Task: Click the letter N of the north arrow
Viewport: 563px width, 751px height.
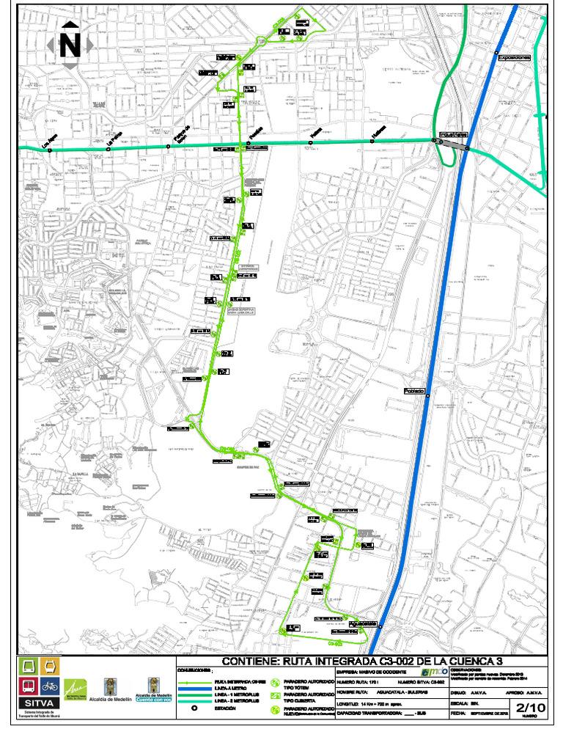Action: point(70,45)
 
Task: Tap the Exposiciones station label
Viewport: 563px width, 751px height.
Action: point(513,57)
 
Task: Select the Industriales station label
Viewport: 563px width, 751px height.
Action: point(455,135)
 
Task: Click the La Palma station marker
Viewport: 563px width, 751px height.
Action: point(108,149)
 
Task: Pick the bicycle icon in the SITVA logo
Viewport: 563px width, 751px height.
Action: point(50,686)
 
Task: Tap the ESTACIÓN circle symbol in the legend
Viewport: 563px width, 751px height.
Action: point(195,708)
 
